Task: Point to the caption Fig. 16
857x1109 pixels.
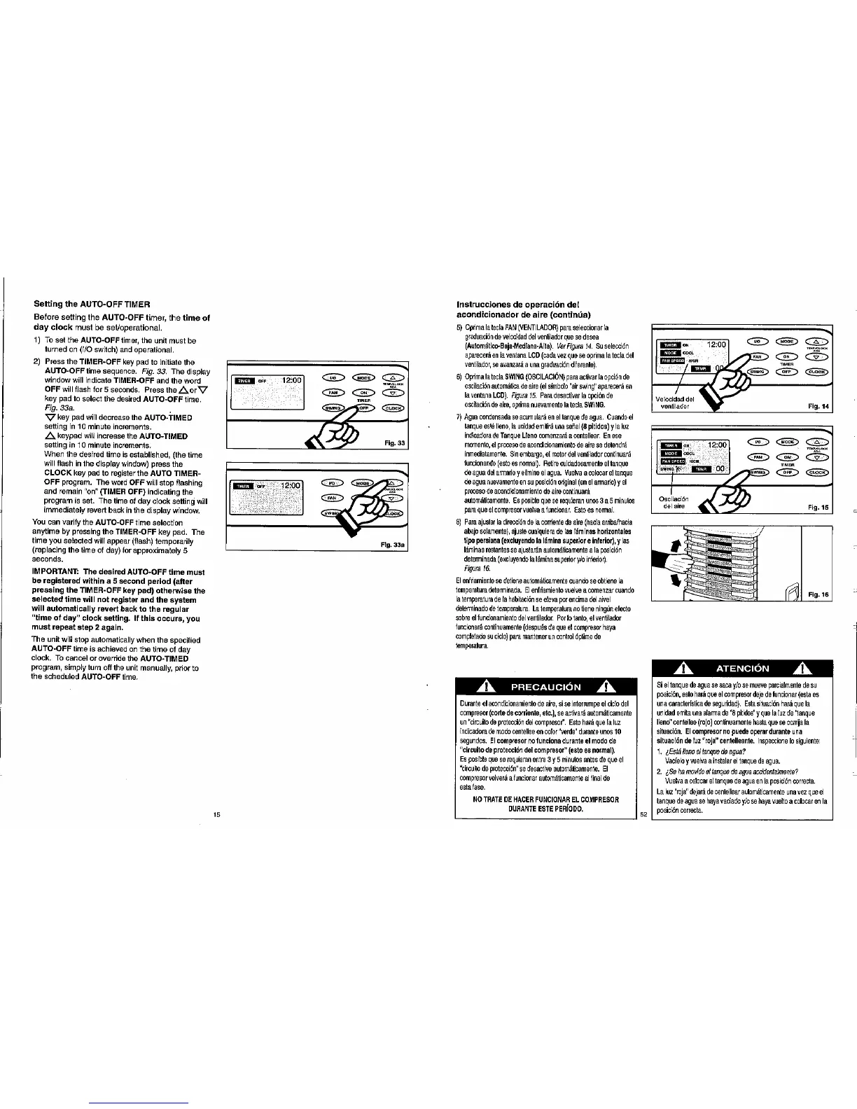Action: (x=818, y=595)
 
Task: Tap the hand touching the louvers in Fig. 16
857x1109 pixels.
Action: (x=672, y=576)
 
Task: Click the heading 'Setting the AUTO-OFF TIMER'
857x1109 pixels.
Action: (x=92, y=304)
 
